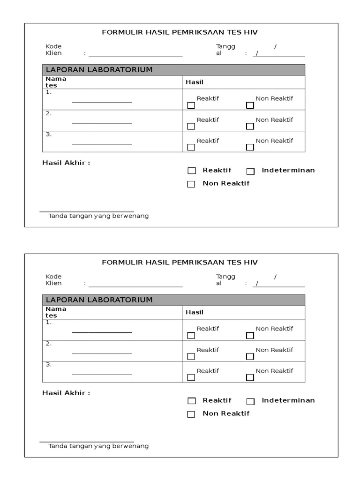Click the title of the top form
click(180, 32)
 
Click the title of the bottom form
click(180, 262)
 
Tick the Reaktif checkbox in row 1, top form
click(191, 105)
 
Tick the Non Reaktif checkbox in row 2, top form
click(250, 126)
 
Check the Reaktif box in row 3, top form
click(191, 147)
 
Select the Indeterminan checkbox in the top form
click(250, 171)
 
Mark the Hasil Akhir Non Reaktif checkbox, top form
click(191, 184)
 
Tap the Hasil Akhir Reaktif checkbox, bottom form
click(191, 401)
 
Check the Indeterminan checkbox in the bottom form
click(250, 401)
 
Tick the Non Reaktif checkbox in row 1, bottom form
click(250, 335)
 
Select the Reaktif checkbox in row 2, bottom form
click(191, 356)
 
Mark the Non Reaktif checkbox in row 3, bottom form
click(250, 377)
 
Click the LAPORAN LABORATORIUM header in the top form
click(99, 70)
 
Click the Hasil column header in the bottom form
click(195, 312)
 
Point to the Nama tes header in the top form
click(56, 82)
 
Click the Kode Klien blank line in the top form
click(135, 56)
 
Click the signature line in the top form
click(87, 211)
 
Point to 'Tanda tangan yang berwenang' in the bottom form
click(98, 446)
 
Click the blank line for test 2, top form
click(102, 123)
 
